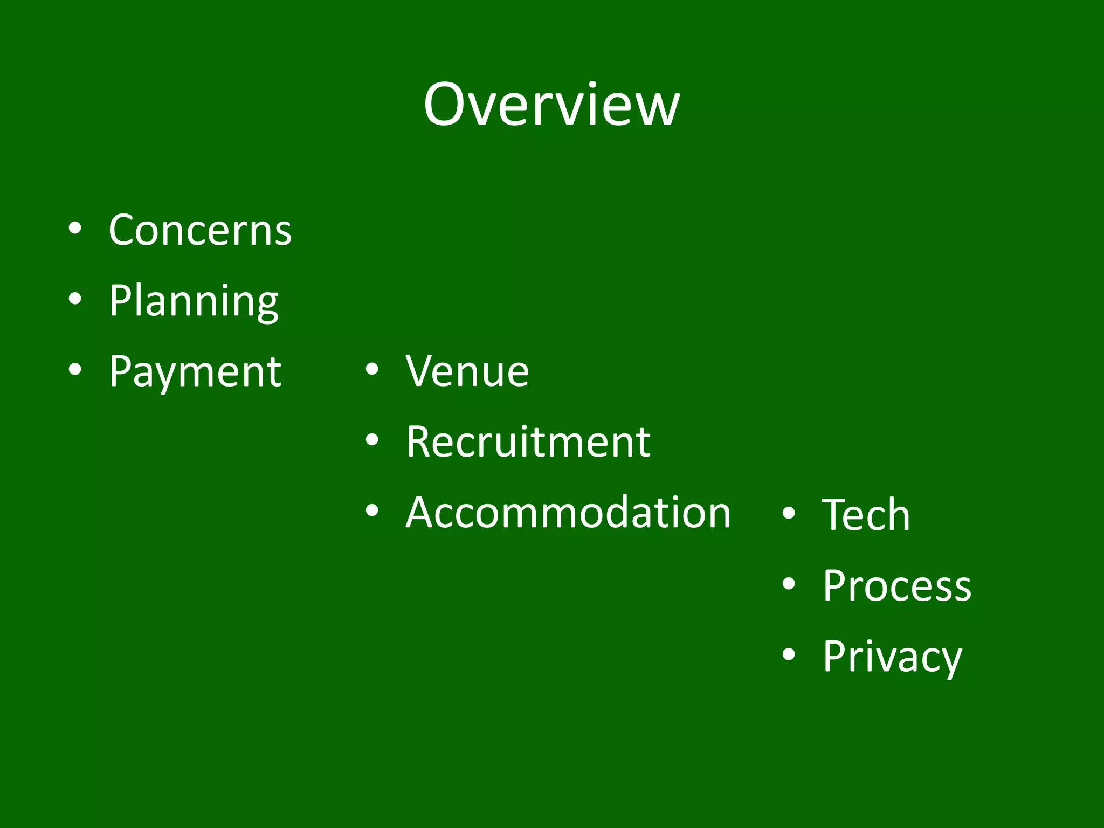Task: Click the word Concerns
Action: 200,230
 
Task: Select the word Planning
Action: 194,301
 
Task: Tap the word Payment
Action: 195,371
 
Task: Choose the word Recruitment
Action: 528,442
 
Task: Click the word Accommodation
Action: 568,512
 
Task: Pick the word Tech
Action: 866,515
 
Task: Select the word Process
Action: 897,585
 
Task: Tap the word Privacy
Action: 892,657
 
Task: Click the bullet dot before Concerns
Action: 75,228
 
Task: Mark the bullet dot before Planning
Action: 75,299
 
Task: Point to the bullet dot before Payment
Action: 75,369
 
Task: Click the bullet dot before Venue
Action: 372,369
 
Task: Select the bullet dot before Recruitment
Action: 372,440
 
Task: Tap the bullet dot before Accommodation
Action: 372,510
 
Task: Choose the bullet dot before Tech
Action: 789,513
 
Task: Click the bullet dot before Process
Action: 789,584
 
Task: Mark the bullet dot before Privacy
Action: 789,654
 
